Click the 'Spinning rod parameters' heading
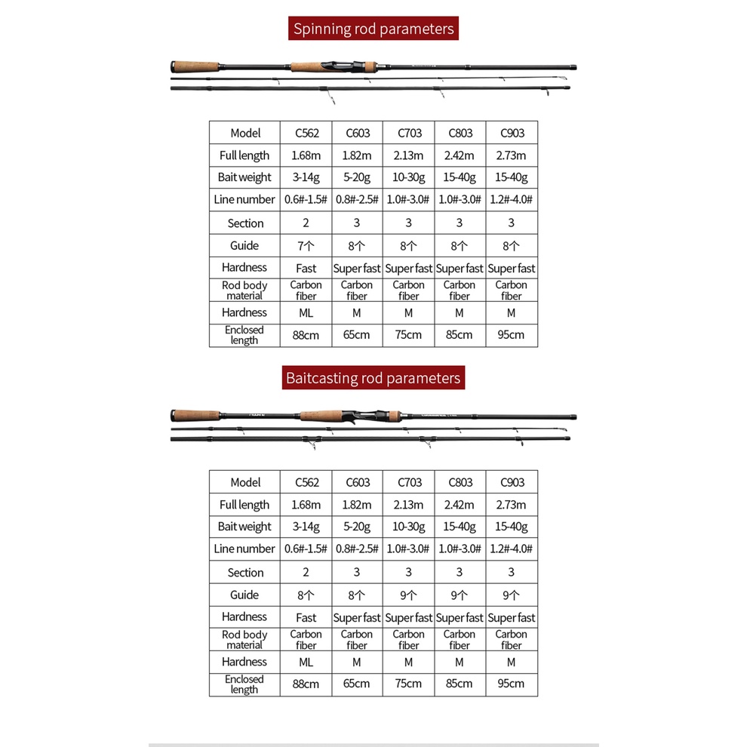tap(373, 29)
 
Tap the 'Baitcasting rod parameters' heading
tap(373, 378)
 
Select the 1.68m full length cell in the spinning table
tap(306, 155)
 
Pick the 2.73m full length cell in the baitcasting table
tap(512, 505)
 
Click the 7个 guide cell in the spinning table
tap(306, 245)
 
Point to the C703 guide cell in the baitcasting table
tap(408, 595)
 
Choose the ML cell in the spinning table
tap(306, 312)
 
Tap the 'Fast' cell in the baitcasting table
tap(306, 617)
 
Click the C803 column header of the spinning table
tap(460, 133)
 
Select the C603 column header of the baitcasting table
tap(357, 482)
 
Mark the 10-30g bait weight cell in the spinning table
tap(408, 177)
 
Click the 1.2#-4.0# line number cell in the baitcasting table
tap(512, 549)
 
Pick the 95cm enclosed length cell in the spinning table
tap(512, 334)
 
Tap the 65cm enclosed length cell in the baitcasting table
tap(357, 684)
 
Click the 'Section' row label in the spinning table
tap(245, 223)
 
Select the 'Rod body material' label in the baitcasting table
tap(244, 640)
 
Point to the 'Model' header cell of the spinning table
tap(245, 133)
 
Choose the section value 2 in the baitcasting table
tap(306, 573)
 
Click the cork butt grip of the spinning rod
tap(195, 66)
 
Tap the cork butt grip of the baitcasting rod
tap(196, 416)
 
